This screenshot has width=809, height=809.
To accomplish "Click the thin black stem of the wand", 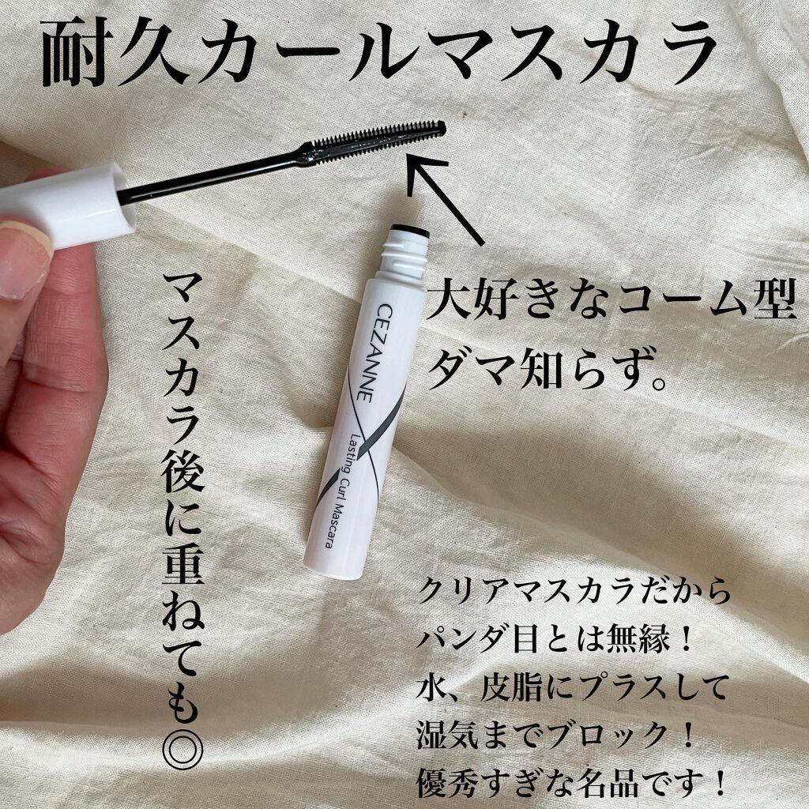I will [x=213, y=175].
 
